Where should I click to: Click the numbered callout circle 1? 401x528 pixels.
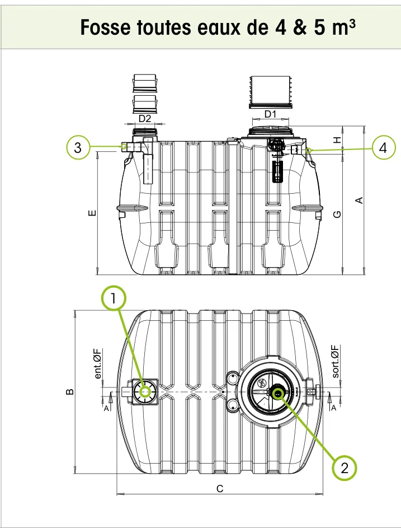tap(114, 298)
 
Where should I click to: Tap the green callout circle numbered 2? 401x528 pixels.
tap(344, 468)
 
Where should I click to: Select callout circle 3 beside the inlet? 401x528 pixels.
tap(78, 147)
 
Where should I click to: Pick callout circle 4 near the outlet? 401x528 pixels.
tap(383, 147)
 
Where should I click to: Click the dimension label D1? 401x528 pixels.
tap(270, 114)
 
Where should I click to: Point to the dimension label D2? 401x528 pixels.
tap(145, 119)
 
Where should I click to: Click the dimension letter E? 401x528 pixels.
tap(92, 213)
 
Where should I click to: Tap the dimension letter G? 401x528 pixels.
tap(337, 214)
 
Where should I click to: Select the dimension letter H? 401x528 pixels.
tap(337, 140)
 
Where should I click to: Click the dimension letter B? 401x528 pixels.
tap(70, 391)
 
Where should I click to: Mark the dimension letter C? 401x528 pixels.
tap(220, 489)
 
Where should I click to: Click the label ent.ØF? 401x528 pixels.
tap(97, 364)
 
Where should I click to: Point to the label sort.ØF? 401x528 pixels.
tap(335, 361)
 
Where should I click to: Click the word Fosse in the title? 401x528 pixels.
tap(105, 27)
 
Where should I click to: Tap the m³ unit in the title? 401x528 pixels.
tap(343, 27)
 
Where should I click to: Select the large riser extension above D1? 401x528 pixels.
tap(270, 92)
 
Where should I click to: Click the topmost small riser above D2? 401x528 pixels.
tap(145, 83)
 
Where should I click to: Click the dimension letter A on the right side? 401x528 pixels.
tap(359, 200)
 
